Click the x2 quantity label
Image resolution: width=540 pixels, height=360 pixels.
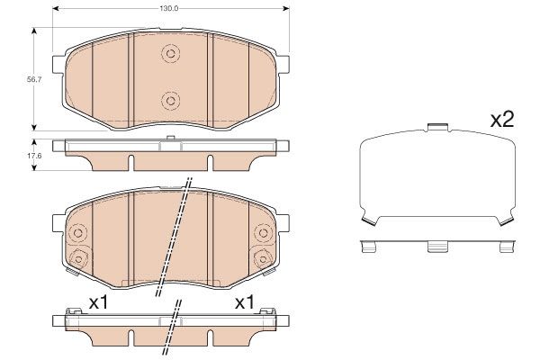point(500,119)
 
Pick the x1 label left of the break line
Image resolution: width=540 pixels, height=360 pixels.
point(98,303)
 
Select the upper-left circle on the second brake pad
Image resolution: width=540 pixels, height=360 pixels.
point(76,233)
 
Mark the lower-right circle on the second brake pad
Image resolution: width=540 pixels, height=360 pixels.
point(264,260)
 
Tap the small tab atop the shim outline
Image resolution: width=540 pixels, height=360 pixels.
point(436,128)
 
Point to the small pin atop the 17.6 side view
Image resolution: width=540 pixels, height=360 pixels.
point(170,139)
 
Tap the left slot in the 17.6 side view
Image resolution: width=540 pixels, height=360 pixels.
point(131,162)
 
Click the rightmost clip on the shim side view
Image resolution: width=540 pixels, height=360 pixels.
point(505,245)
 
